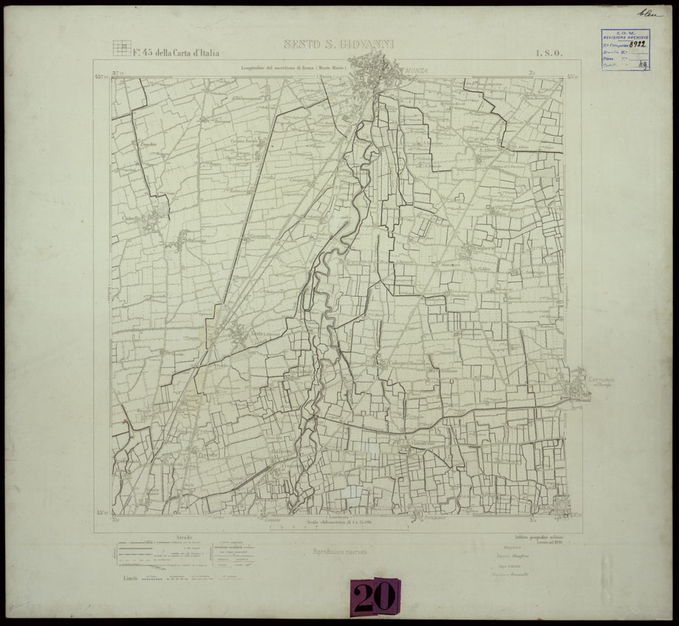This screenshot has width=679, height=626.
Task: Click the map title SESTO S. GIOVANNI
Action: [334, 45]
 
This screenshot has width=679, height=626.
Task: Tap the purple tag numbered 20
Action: [374, 596]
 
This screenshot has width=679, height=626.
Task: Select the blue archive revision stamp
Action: [624, 49]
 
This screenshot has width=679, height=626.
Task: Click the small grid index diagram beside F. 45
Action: [120, 47]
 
